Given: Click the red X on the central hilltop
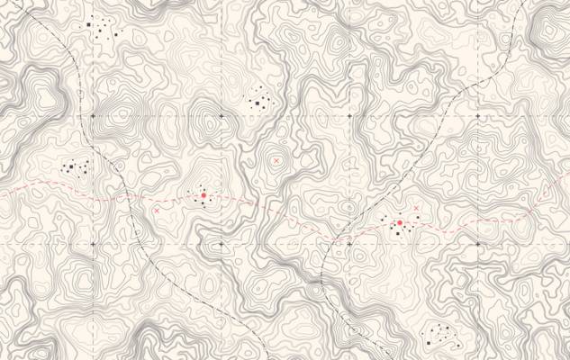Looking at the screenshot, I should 276,160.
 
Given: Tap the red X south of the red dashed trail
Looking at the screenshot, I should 157,211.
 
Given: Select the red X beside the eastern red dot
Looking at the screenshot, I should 415,209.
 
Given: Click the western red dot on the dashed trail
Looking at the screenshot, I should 204,194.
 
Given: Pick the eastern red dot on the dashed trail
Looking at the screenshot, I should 399,222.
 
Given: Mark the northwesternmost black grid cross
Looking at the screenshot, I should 92,117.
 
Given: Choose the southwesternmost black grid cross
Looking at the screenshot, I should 92,244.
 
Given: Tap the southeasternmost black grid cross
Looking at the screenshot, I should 478,244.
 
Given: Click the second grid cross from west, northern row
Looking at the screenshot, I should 221,117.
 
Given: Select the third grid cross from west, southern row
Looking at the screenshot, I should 349,244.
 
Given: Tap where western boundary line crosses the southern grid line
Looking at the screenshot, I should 147,244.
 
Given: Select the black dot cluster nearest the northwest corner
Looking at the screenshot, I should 102,30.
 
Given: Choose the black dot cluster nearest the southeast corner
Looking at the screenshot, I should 439,337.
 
